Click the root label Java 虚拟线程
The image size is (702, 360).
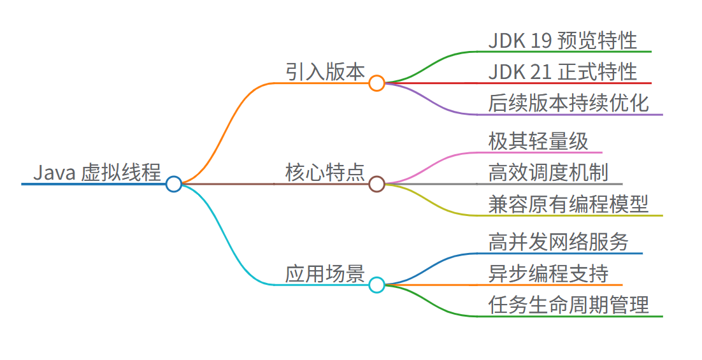pos(97,172)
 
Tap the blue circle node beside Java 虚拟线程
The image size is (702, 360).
pos(173,184)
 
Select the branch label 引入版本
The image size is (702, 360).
pos(325,72)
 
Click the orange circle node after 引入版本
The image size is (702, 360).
pos(376,83)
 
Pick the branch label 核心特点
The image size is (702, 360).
pos(325,173)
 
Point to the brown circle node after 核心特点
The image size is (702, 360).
pos(376,184)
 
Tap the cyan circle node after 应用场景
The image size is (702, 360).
pos(376,285)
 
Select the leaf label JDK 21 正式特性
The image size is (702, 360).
pos(562,72)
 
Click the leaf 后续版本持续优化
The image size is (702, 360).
pos(569,103)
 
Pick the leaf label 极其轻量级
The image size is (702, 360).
pos(538,141)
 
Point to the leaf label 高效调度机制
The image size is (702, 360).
pos(548,172)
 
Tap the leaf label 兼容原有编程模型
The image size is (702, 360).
pos(569,204)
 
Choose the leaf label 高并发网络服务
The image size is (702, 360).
pos(559,241)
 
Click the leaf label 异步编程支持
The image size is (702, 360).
pos(548,273)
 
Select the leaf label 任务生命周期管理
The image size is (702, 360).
pos(569,305)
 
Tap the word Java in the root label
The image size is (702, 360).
pos(55,172)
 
